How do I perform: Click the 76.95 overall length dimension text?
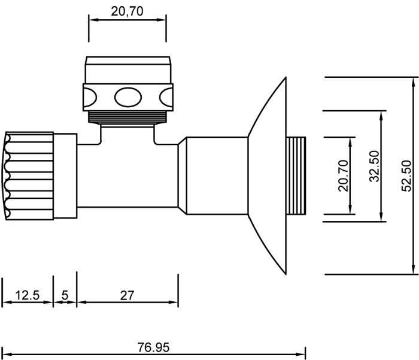tap(153, 347)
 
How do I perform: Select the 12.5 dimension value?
tap(27, 295)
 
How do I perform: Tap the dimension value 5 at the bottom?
tap(65, 295)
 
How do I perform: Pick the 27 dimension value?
tap(127, 295)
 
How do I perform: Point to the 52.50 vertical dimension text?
tap(407, 176)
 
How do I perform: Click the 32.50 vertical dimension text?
tap(374, 167)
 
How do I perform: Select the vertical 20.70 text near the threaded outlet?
tap(343, 176)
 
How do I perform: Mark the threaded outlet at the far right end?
tap(297, 176)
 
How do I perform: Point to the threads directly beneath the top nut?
tap(127, 116)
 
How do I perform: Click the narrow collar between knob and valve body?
tap(65, 176)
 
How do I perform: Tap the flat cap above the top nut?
tap(127, 69)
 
